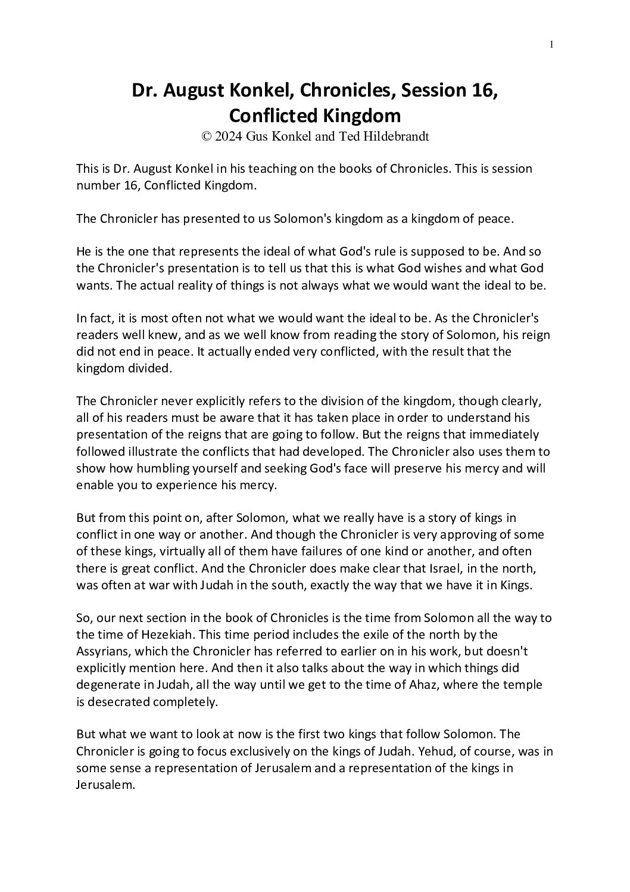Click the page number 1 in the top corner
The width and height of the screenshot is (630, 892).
[552, 44]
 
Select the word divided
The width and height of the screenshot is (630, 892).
[146, 368]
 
